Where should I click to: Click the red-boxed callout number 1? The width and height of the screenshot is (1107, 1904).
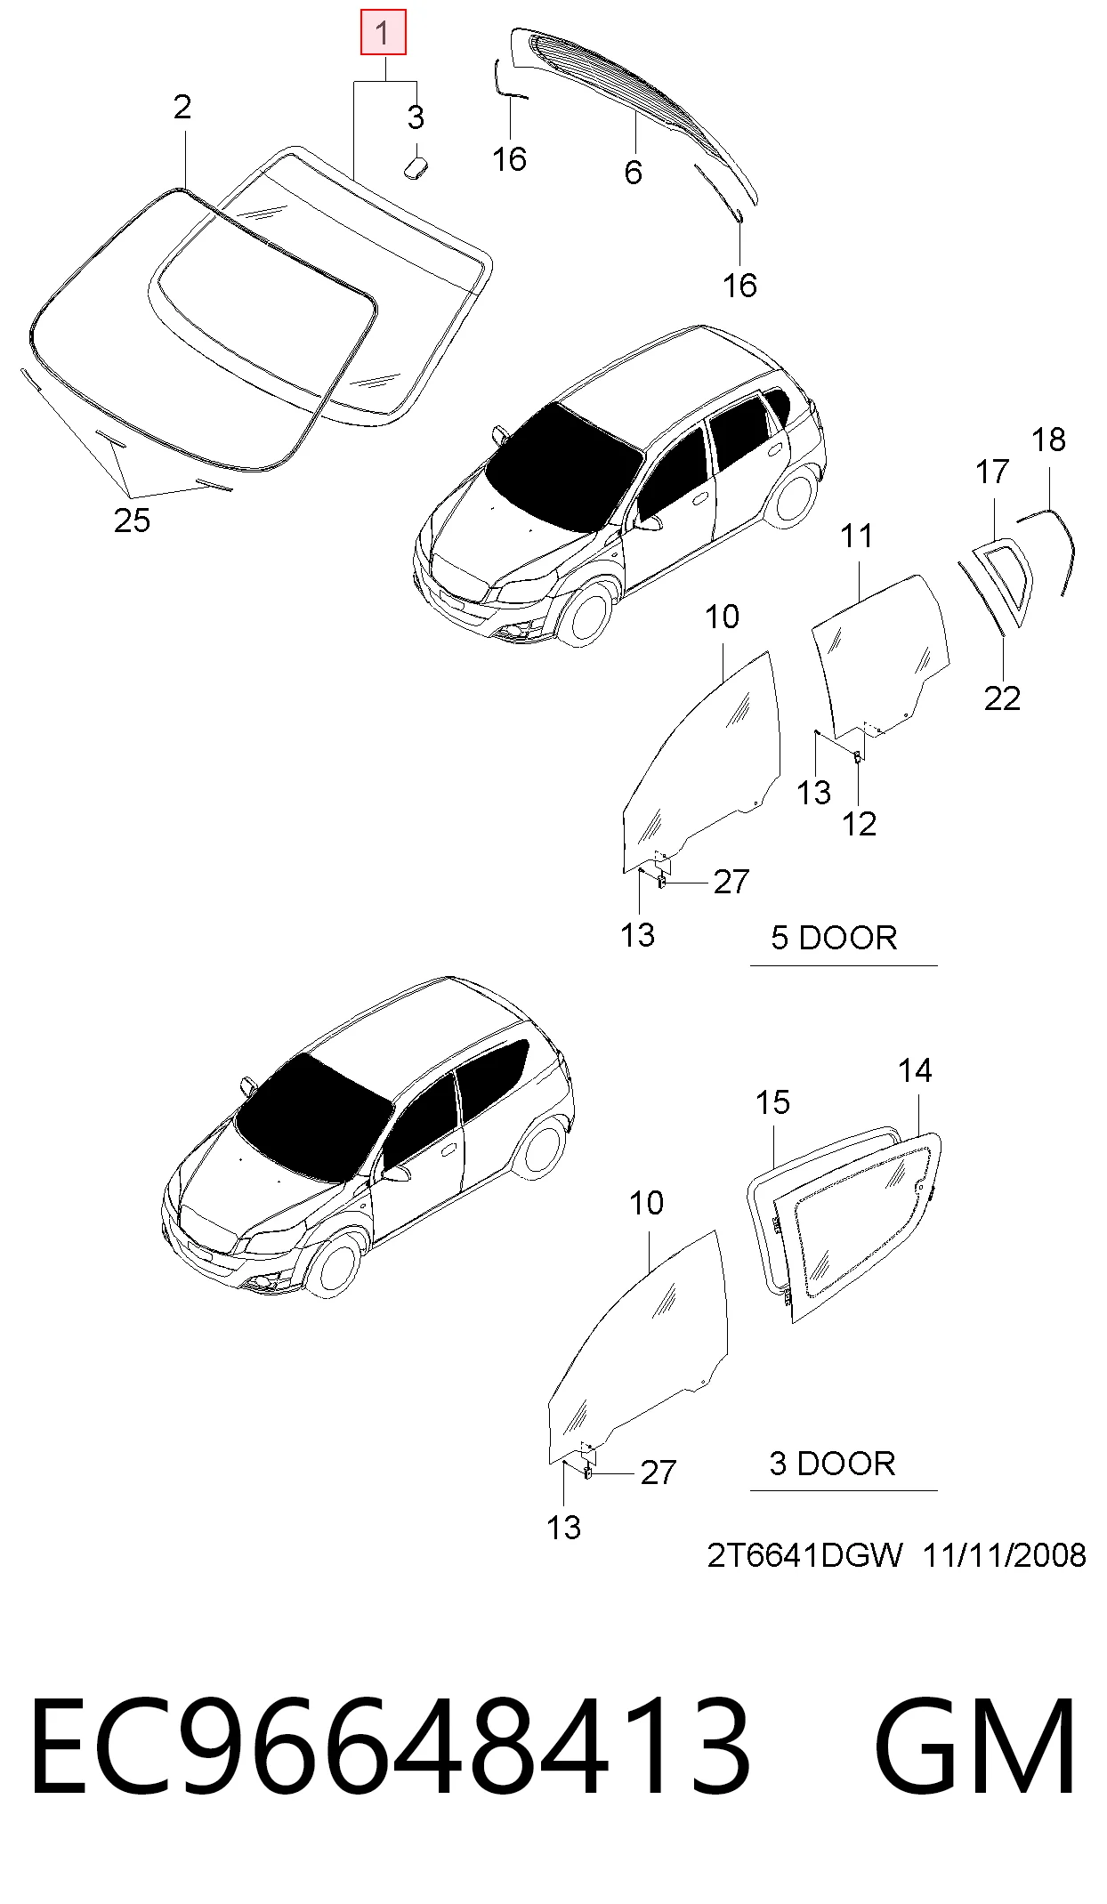coord(383,34)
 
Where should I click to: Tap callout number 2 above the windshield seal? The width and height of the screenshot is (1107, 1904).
coord(182,108)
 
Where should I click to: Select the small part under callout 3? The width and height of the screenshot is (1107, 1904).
coord(416,166)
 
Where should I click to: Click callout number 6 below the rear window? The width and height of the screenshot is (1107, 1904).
coord(633,172)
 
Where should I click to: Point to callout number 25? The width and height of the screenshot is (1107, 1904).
coord(132,520)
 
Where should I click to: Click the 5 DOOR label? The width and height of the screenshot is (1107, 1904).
coord(834,938)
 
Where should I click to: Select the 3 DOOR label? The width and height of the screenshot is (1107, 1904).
coord(832,1464)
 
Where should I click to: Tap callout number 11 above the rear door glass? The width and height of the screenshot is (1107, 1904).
coord(857,537)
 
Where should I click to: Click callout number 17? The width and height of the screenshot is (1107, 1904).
coord(992,472)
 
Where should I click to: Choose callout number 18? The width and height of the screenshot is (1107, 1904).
coord(1048,440)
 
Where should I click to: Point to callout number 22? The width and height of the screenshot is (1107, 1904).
coord(1002,698)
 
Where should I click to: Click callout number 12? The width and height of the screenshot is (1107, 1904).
coord(859,824)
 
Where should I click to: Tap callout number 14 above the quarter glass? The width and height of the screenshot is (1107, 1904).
coord(915,1070)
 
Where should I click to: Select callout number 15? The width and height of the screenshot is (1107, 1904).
coord(772,1102)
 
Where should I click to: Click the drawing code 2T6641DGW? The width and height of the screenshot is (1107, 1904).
coord(804,1556)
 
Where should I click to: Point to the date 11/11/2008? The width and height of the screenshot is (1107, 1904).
coord(1004,1556)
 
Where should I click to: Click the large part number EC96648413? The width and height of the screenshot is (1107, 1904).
coord(390,1746)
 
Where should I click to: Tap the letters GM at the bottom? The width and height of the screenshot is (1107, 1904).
coord(975,1746)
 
